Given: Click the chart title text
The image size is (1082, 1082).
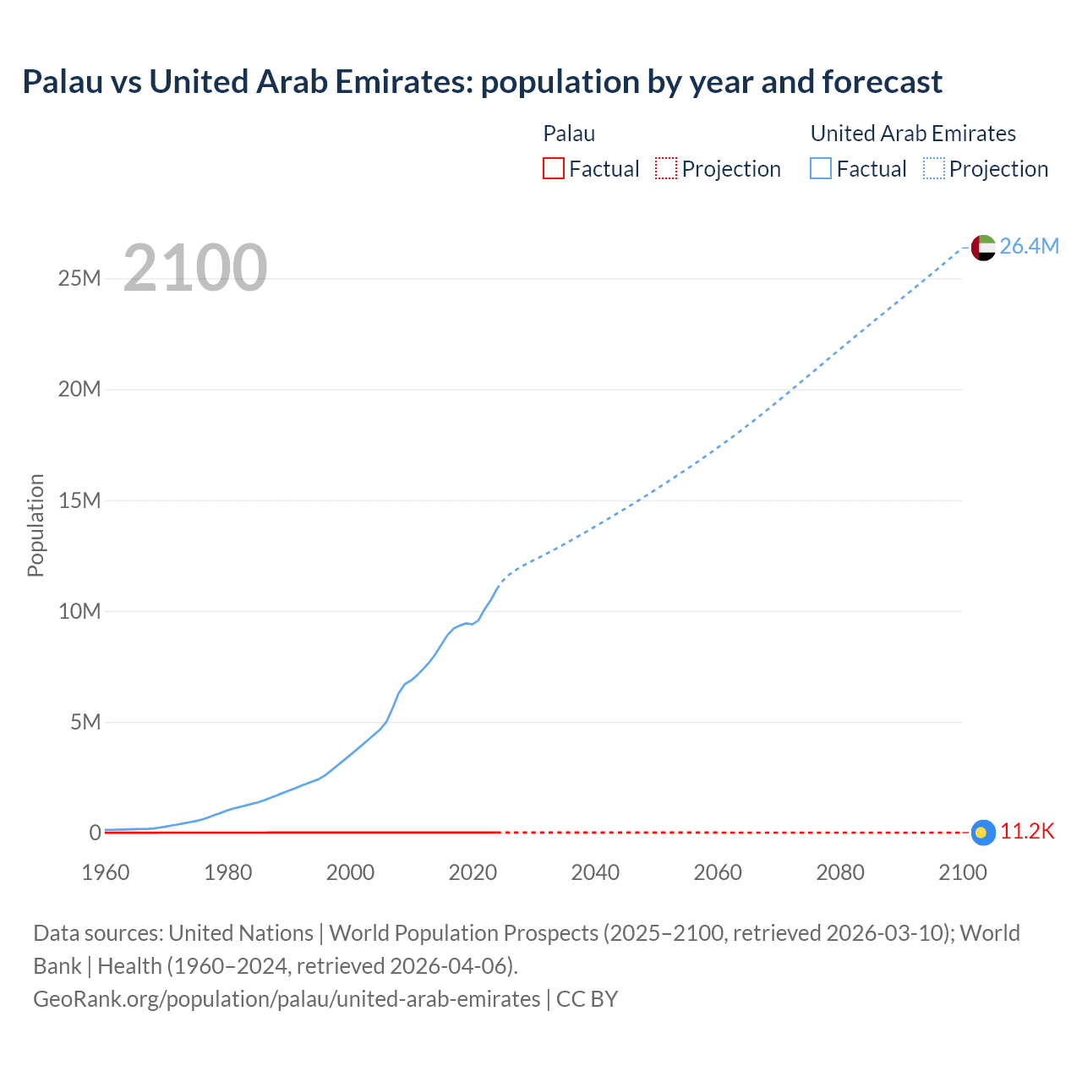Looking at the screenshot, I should (482, 82).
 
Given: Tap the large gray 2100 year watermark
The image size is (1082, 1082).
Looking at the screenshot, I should (195, 268).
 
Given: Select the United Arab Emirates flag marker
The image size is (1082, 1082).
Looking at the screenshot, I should (982, 247).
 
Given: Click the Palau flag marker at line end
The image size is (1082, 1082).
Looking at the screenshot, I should (981, 833).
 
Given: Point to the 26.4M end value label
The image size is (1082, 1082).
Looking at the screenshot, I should (1029, 246).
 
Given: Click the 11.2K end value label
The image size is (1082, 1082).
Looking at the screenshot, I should (1027, 832).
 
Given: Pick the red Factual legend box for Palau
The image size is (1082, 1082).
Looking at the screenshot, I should (554, 169).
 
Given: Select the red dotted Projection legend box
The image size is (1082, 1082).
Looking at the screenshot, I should (666, 169).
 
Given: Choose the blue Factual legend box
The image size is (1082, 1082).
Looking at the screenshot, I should (821, 169).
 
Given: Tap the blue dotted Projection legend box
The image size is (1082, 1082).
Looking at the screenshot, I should (934, 169).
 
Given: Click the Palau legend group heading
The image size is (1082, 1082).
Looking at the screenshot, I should (569, 134).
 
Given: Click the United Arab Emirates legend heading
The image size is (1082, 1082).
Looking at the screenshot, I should (913, 134).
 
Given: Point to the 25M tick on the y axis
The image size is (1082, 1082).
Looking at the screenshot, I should (79, 278).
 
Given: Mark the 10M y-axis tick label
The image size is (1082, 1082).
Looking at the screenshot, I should (79, 611).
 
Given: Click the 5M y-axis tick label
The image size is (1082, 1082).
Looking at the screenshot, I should (85, 722).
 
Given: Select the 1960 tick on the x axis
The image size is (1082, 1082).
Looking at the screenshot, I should (106, 872).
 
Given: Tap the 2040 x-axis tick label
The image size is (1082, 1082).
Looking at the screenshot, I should (595, 872).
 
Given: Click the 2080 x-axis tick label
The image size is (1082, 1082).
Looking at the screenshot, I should (840, 872).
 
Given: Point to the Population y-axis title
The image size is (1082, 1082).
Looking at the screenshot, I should (36, 526).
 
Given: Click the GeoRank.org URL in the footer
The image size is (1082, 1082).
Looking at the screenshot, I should (287, 999).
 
